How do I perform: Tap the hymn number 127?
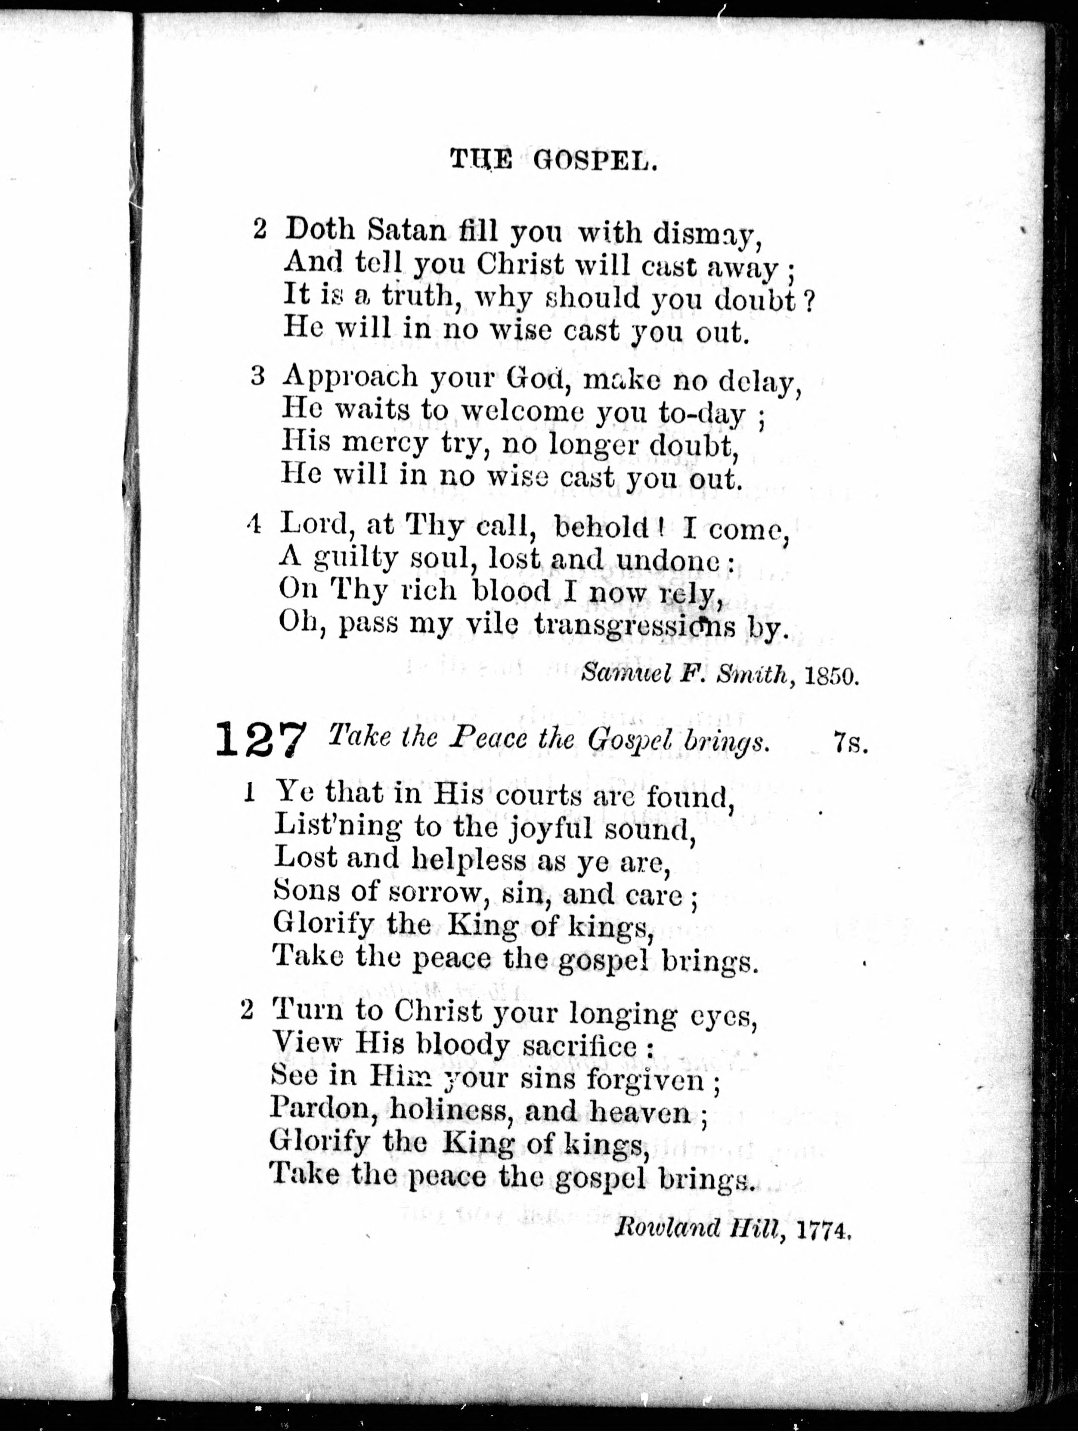pos(259,741)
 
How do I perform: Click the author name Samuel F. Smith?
pos(688,675)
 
